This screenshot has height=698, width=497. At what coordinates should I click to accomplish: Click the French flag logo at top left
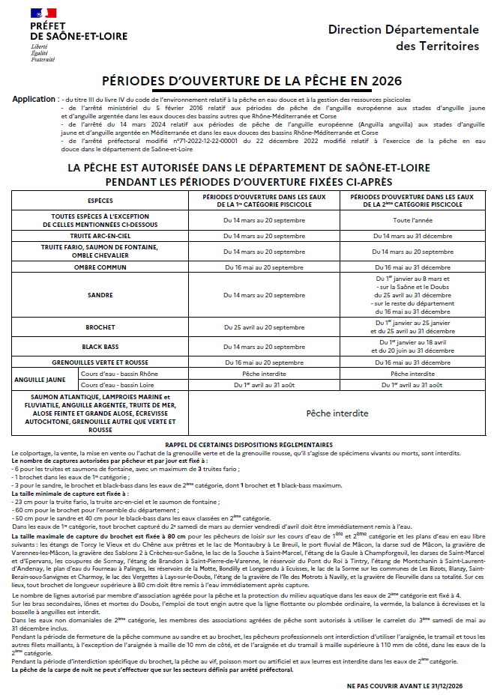(43, 13)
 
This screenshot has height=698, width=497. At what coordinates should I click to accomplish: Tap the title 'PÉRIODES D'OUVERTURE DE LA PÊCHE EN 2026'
(252, 81)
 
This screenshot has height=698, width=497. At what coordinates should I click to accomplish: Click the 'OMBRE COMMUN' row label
(100, 267)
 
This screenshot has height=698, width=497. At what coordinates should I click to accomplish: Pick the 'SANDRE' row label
(100, 295)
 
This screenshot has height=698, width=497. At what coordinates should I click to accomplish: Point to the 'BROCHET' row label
(100, 327)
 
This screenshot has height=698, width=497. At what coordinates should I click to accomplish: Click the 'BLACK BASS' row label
(100, 347)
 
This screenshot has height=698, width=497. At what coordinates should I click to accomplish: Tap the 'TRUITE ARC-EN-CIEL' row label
(100, 235)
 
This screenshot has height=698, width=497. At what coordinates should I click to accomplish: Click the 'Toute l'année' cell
(413, 220)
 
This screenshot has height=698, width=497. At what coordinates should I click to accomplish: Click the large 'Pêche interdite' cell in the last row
(337, 413)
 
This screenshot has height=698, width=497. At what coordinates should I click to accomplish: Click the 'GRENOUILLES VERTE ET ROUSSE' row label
(100, 361)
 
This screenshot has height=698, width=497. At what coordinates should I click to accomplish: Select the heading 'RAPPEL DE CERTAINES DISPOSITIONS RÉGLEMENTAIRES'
(249, 443)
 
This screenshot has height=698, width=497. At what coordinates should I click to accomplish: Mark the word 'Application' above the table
(34, 99)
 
